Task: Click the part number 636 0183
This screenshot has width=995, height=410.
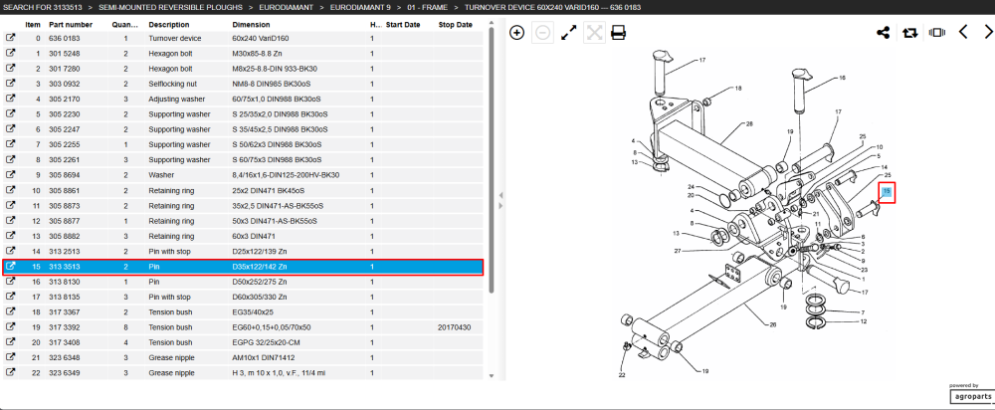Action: point(64,38)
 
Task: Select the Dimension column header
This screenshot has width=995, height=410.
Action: point(252,25)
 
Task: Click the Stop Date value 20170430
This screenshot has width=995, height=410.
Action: point(455,327)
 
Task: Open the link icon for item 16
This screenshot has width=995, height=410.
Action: point(11,282)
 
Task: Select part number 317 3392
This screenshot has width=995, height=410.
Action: point(64,327)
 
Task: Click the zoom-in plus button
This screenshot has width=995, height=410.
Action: point(517,33)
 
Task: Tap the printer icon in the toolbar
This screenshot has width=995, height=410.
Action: point(618,33)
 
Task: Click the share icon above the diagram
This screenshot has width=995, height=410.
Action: point(883,33)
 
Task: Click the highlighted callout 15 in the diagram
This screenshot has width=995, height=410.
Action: point(887,192)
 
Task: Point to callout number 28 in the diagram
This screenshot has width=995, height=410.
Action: point(749,123)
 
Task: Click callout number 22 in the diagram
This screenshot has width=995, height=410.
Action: point(622,375)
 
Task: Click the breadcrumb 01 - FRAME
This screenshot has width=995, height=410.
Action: point(427,8)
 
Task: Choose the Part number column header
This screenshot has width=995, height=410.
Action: point(71,25)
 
